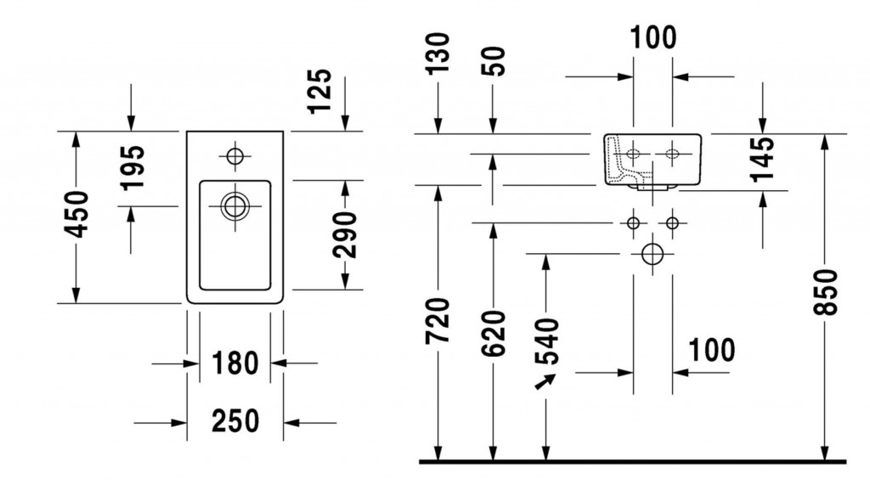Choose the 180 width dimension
pos(234,363)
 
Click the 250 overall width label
pos(234,419)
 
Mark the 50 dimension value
pos(494,60)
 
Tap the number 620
pos(493,333)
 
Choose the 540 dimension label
pos(550,340)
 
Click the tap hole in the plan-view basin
pos(234,156)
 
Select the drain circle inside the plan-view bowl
pos(234,205)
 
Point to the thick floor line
pos(633,462)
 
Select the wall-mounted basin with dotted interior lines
pos(652,159)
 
